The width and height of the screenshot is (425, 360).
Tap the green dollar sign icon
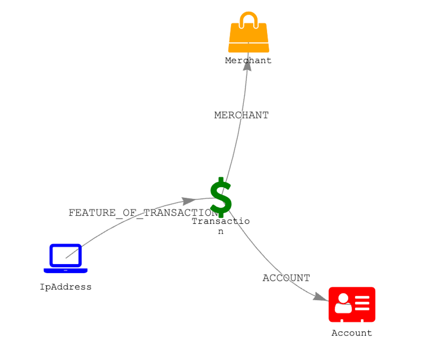click(x=221, y=197)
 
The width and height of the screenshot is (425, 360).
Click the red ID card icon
click(x=352, y=304)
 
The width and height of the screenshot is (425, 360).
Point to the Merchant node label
click(x=248, y=60)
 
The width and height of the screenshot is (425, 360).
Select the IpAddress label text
click(x=66, y=287)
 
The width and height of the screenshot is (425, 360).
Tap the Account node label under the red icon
click(x=351, y=333)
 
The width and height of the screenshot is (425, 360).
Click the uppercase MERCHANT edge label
click(x=242, y=115)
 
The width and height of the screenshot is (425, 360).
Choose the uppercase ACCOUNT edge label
click(x=286, y=278)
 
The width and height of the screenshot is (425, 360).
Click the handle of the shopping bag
click(x=248, y=19)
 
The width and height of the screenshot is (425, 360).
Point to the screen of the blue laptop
click(x=66, y=255)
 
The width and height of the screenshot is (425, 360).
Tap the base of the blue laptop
click(x=66, y=270)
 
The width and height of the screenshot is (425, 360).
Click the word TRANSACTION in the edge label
click(x=181, y=213)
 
